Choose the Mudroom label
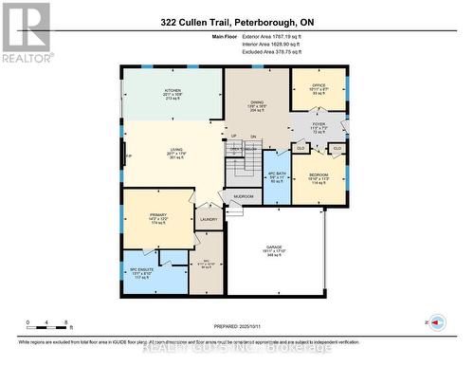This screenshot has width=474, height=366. coord(243,196)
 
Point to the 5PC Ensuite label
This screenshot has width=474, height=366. coord(141,274)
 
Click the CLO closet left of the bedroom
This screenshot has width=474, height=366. coord(301,148)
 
